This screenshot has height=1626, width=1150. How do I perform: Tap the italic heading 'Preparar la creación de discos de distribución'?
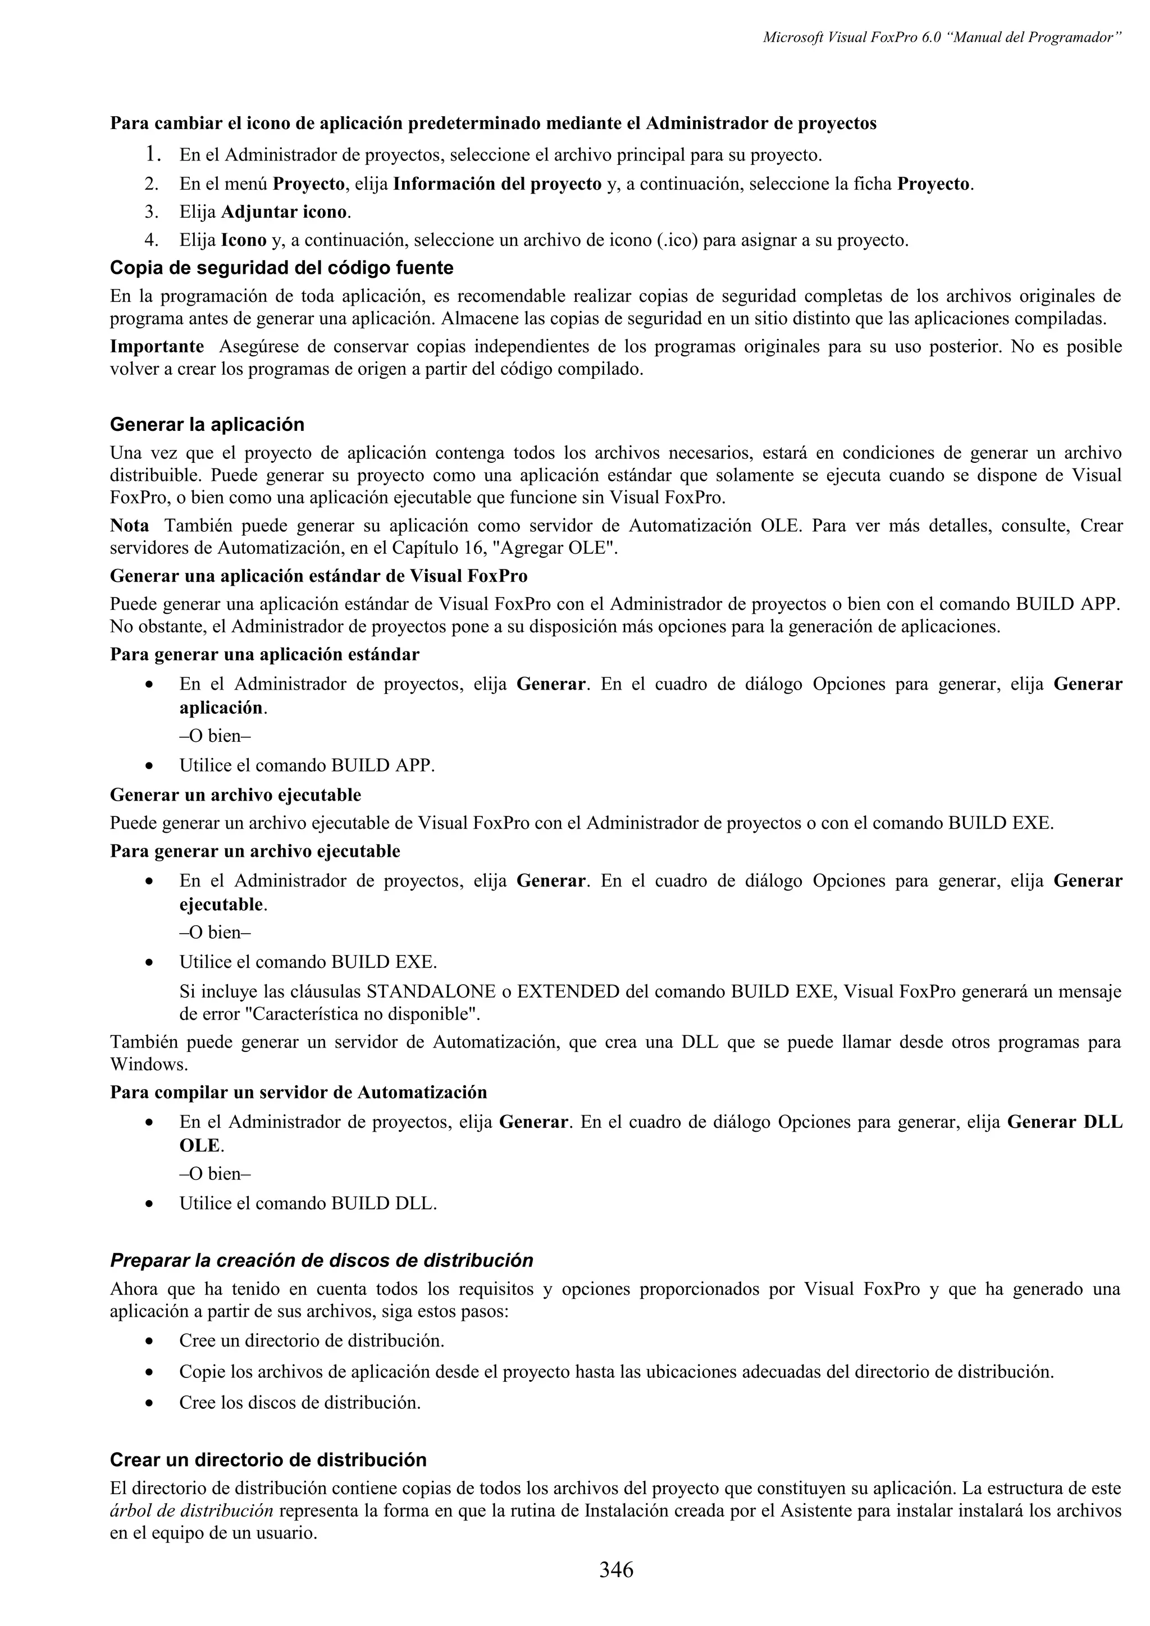321,1261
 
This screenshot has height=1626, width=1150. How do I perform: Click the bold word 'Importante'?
157,347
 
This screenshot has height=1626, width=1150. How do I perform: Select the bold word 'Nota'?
130,526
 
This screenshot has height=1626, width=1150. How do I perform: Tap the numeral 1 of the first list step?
151,154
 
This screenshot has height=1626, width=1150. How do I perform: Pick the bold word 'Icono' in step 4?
244,240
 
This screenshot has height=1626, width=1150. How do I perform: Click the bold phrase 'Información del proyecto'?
497,184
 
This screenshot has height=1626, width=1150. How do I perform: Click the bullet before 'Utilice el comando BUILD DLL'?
149,1204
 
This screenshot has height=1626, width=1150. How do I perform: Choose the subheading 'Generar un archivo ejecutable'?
235,795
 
